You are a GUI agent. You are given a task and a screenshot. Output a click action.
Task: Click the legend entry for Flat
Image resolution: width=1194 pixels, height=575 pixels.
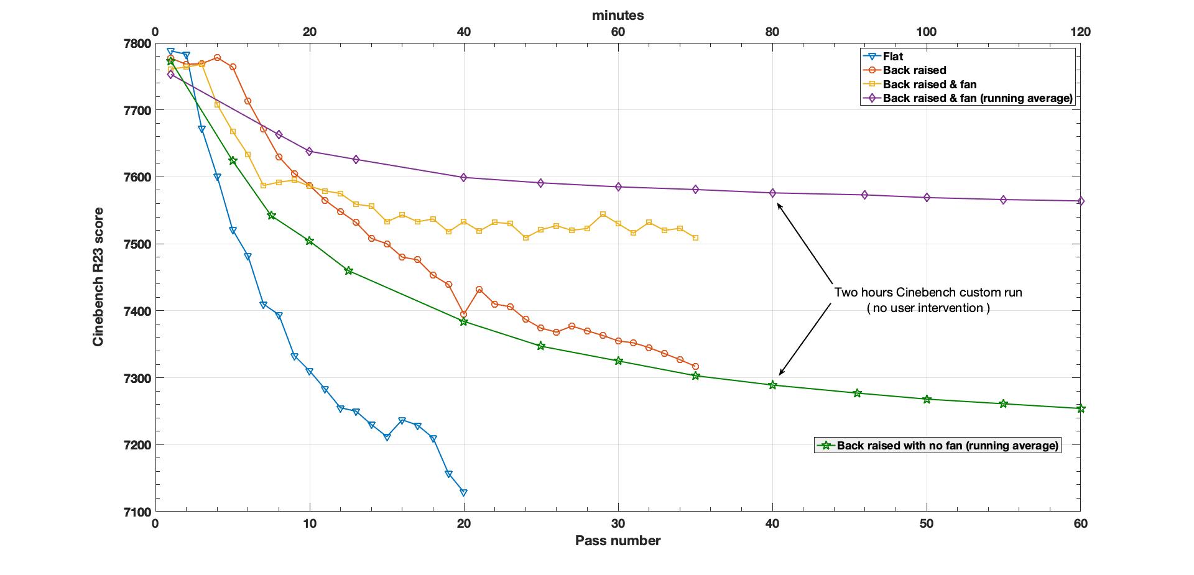(893, 57)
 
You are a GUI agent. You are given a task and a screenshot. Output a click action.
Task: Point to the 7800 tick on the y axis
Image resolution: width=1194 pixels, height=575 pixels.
(137, 44)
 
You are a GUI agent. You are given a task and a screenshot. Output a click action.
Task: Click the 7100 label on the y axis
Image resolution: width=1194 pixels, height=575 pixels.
(137, 512)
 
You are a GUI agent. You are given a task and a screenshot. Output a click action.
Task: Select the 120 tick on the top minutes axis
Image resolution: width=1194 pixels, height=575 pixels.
(1080, 32)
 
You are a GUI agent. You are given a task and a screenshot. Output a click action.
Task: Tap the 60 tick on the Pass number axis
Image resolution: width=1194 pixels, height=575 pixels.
(1080, 524)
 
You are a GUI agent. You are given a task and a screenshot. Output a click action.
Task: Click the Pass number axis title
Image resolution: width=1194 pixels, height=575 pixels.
(618, 541)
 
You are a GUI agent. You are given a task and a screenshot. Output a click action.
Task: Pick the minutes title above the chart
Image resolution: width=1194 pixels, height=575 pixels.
(618, 16)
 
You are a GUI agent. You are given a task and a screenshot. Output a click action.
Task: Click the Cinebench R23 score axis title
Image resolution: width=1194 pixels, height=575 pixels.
(98, 277)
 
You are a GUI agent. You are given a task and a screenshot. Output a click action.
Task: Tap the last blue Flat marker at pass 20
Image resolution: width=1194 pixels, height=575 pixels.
(463, 492)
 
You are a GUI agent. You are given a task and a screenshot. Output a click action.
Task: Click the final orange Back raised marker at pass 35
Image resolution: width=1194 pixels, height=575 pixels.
(695, 366)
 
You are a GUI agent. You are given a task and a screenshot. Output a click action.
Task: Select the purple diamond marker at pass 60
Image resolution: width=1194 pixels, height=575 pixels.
(1081, 201)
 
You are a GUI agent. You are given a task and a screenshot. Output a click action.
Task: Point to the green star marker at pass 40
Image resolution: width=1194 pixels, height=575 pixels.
(772, 385)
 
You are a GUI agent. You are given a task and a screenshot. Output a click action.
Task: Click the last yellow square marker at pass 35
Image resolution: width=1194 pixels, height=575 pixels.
(695, 237)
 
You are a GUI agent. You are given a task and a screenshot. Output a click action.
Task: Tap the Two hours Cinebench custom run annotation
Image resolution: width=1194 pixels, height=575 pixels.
(928, 292)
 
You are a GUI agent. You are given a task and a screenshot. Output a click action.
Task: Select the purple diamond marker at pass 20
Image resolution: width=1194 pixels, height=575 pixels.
(463, 177)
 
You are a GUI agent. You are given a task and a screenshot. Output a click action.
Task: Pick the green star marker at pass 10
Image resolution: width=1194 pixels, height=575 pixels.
(309, 241)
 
